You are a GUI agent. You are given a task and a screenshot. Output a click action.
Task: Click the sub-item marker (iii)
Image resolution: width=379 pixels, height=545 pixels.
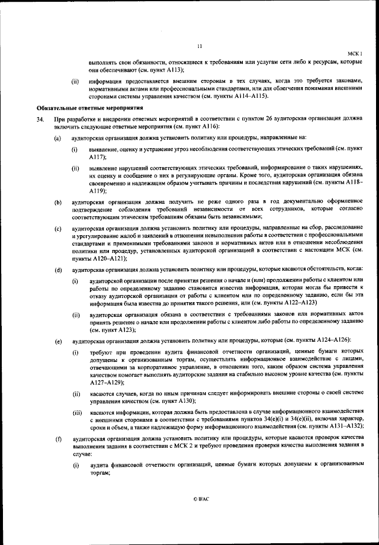tap(76, 411)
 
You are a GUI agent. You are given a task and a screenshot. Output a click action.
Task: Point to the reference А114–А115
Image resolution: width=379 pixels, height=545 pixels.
tap(251, 95)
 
